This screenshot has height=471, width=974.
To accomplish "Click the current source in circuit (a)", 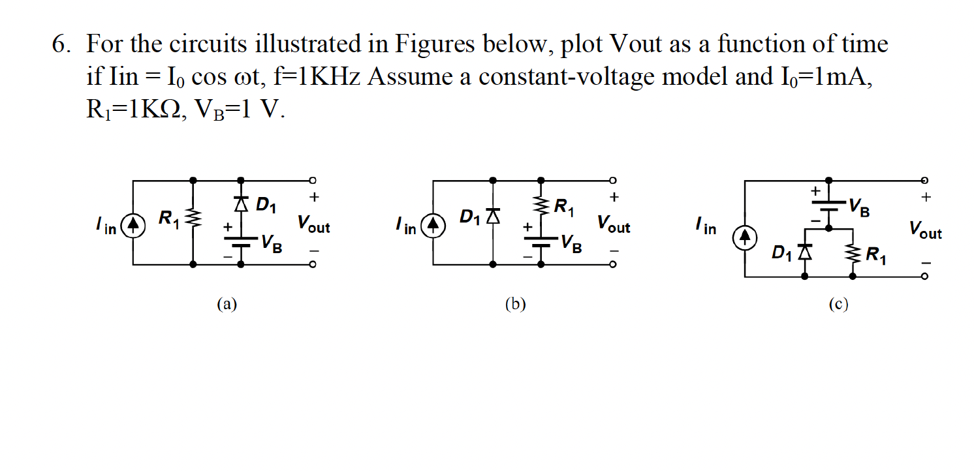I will (133, 226).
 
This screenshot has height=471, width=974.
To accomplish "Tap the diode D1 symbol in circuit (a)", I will (241, 205).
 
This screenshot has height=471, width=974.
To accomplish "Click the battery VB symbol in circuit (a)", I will (241, 243).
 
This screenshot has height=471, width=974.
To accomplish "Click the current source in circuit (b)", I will (433, 226).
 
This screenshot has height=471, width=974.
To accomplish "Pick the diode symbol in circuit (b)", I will (492, 215).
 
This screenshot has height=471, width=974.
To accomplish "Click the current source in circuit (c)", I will (745, 237).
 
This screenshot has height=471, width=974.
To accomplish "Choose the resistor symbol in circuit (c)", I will (853, 252).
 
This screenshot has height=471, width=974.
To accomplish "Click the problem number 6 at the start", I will (60, 45).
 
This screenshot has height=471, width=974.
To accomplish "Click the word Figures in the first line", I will (435, 45).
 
